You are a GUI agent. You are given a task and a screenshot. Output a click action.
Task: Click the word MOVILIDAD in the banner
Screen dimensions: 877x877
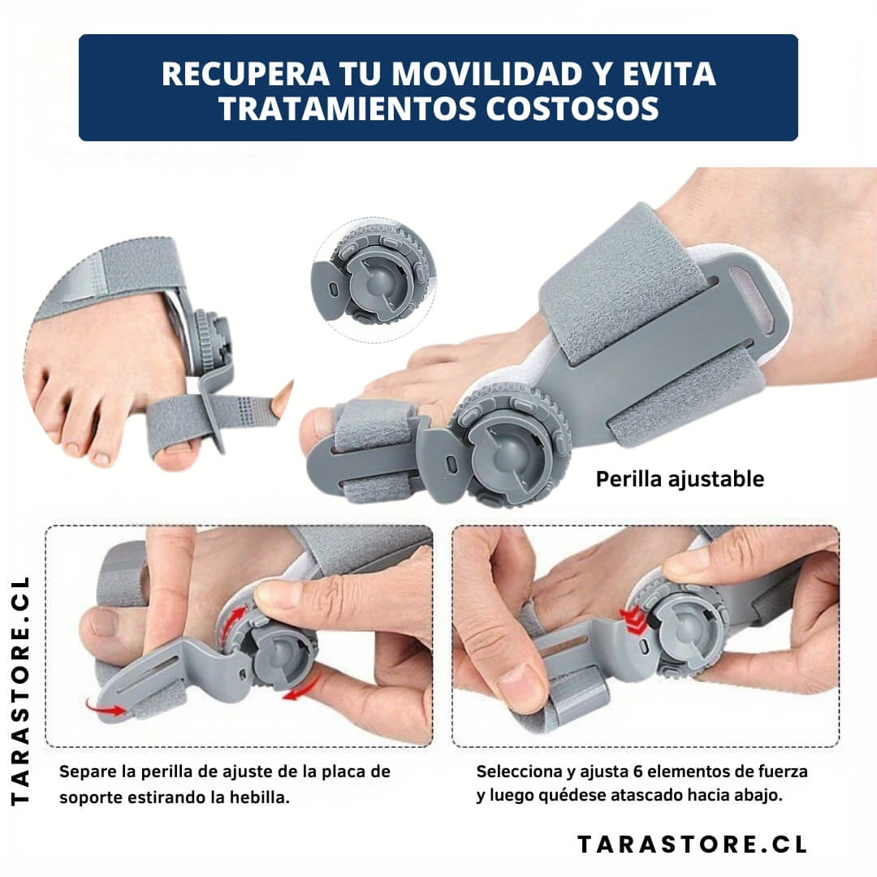[x=486, y=73]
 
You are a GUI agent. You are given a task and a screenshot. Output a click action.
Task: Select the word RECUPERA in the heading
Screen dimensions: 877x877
[x=245, y=73]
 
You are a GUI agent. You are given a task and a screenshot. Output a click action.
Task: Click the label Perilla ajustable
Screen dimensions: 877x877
[x=680, y=479]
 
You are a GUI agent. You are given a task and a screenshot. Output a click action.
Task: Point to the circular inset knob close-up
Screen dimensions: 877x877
[x=373, y=279]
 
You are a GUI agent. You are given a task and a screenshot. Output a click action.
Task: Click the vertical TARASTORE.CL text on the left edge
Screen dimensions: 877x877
[x=20, y=691]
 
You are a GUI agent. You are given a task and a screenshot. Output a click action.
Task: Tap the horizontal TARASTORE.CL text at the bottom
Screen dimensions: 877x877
[x=692, y=845]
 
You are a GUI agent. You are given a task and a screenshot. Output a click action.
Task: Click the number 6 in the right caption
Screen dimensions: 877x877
[x=637, y=772]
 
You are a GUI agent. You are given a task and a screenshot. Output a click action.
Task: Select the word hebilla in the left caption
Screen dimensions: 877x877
[x=260, y=797]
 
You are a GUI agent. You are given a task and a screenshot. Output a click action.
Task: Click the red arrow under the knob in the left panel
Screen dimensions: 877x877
[x=301, y=689]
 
